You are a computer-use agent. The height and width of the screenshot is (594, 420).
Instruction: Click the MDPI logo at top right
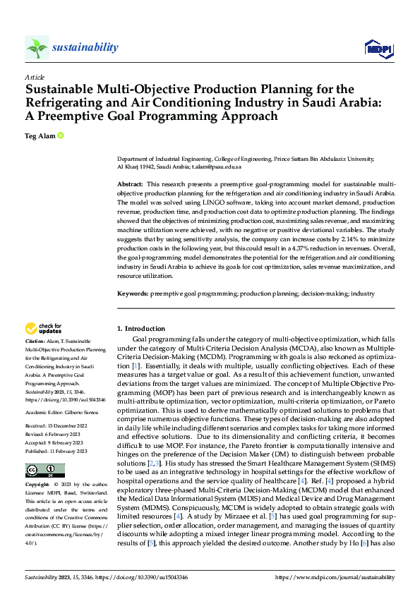pos(378,48)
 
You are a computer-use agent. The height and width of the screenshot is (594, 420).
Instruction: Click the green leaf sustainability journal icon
pos(37,47)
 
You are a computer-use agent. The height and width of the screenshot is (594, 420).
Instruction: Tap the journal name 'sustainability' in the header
pos(85,47)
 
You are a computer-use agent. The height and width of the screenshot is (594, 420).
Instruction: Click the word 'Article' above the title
pos(35,77)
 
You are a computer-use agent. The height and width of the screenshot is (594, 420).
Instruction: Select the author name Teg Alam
pos(40,135)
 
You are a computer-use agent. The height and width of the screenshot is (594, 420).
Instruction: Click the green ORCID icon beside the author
pos(61,135)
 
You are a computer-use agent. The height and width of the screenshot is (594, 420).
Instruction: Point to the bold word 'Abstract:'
pos(132,183)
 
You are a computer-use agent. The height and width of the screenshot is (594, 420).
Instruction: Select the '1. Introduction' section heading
pos(141,329)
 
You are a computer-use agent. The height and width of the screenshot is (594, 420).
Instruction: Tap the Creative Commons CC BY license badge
pos(44,471)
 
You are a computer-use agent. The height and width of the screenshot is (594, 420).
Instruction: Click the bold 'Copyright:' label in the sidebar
pos(38,485)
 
